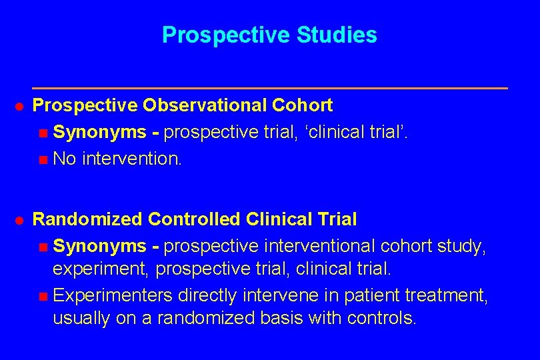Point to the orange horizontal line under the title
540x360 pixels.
(270, 88)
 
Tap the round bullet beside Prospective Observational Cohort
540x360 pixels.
(20, 106)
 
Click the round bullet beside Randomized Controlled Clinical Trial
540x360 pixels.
(20, 219)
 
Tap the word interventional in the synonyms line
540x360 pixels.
(319, 246)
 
